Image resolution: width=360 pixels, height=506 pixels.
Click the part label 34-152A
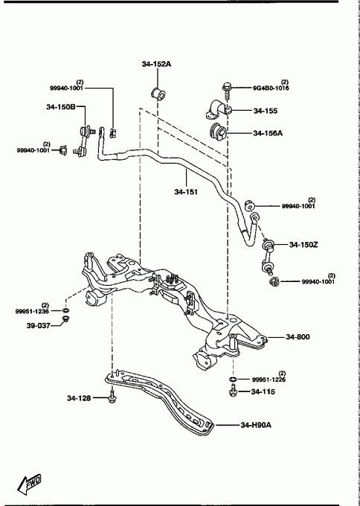[x=156, y=64]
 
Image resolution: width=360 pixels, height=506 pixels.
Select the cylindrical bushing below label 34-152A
[x=158, y=93]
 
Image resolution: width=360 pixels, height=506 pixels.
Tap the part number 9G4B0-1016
[x=271, y=88]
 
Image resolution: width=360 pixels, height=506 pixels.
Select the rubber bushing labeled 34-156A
[x=218, y=132]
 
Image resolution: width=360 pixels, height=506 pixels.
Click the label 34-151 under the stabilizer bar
[x=186, y=192]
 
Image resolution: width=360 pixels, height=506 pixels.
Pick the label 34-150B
[x=61, y=107]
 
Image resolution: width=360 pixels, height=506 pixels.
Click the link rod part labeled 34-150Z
[x=268, y=257]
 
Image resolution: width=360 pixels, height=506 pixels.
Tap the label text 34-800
[x=298, y=337]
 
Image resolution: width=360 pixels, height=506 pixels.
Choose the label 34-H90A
[x=256, y=425]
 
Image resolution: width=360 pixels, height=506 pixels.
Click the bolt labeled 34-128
[x=112, y=398]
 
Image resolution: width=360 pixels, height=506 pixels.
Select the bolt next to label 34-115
[x=234, y=391]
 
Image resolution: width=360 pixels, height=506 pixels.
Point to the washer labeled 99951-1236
[x=65, y=310]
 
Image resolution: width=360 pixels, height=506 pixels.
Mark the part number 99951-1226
[x=269, y=379]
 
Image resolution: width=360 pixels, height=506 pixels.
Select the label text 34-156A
[x=268, y=132]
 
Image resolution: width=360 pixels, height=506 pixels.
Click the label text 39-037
[x=39, y=325]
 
